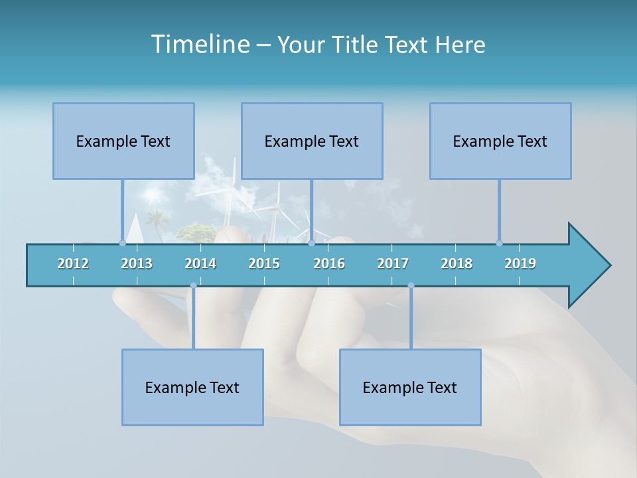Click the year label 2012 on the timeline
pyautogui.click(x=73, y=264)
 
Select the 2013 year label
pyautogui.click(x=137, y=264)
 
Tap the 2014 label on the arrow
pyautogui.click(x=200, y=264)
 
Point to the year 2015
pyautogui.click(x=264, y=264)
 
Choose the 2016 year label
pyautogui.click(x=329, y=264)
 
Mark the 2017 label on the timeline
pyautogui.click(x=393, y=264)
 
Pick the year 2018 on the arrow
pyautogui.click(x=457, y=264)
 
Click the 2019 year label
pyautogui.click(x=520, y=264)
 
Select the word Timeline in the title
pyautogui.click(x=200, y=44)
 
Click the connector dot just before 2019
pyautogui.click(x=499, y=243)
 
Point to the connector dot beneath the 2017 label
pyautogui.click(x=411, y=285)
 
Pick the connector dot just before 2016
pyautogui.click(x=311, y=243)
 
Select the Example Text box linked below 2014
pyautogui.click(x=192, y=387)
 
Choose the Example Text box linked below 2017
pyautogui.click(x=410, y=387)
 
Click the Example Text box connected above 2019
pyautogui.click(x=500, y=141)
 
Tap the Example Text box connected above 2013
pyautogui.click(x=123, y=141)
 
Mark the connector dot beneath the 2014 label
pyautogui.click(x=193, y=285)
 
